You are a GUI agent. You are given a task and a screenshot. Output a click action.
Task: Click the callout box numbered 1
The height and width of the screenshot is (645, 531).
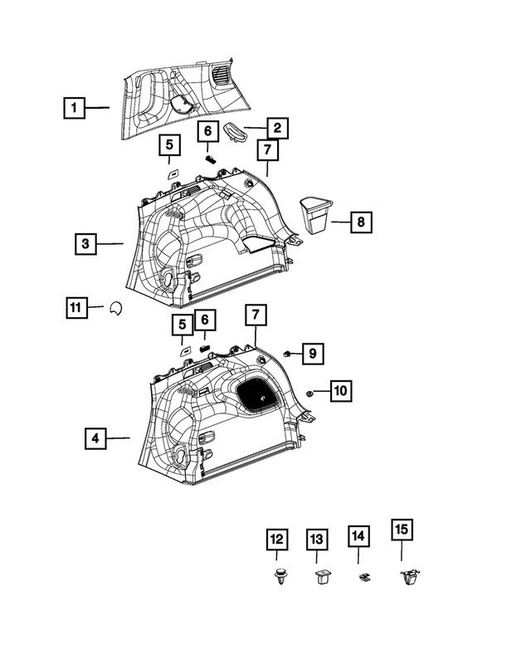tap(74, 108)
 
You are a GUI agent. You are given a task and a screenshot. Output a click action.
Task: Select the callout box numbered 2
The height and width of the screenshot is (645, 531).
tap(276, 128)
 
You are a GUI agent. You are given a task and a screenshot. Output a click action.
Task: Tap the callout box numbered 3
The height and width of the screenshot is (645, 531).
tap(85, 244)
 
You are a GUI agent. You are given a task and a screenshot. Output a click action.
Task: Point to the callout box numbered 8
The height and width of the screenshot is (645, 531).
tap(361, 222)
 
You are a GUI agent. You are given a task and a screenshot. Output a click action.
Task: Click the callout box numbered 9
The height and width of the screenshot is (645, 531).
tap(312, 354)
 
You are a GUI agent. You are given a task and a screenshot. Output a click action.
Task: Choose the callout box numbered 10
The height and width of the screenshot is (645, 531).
tap(340, 390)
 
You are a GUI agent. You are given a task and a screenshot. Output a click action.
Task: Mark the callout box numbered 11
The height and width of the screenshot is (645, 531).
tap(76, 308)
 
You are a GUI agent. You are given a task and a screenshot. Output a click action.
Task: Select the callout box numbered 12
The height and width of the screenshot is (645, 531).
tap(276, 540)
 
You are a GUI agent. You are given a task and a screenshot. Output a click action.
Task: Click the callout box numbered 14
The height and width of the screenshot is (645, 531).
tap(358, 537)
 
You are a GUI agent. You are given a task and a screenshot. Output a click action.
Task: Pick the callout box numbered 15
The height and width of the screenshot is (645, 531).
tap(402, 530)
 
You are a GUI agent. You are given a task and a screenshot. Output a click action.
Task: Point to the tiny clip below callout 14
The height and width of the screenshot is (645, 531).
tap(363, 577)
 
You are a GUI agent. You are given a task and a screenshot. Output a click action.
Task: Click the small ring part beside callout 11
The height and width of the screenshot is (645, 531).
tap(116, 308)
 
